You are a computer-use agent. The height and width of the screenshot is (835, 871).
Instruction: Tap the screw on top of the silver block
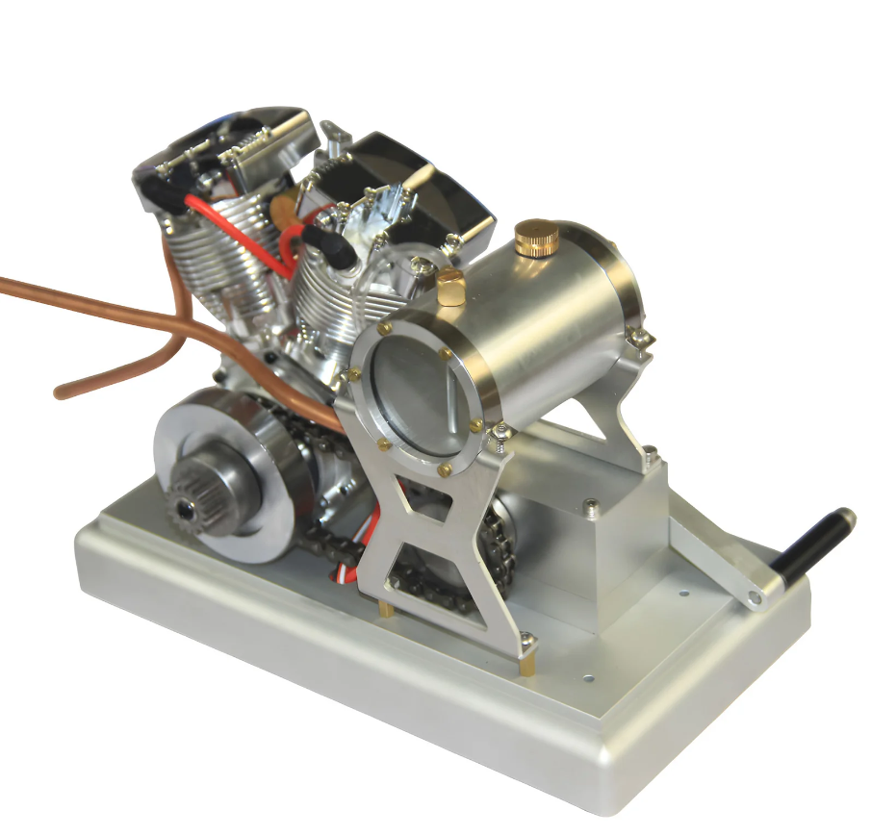(x=589, y=504)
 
